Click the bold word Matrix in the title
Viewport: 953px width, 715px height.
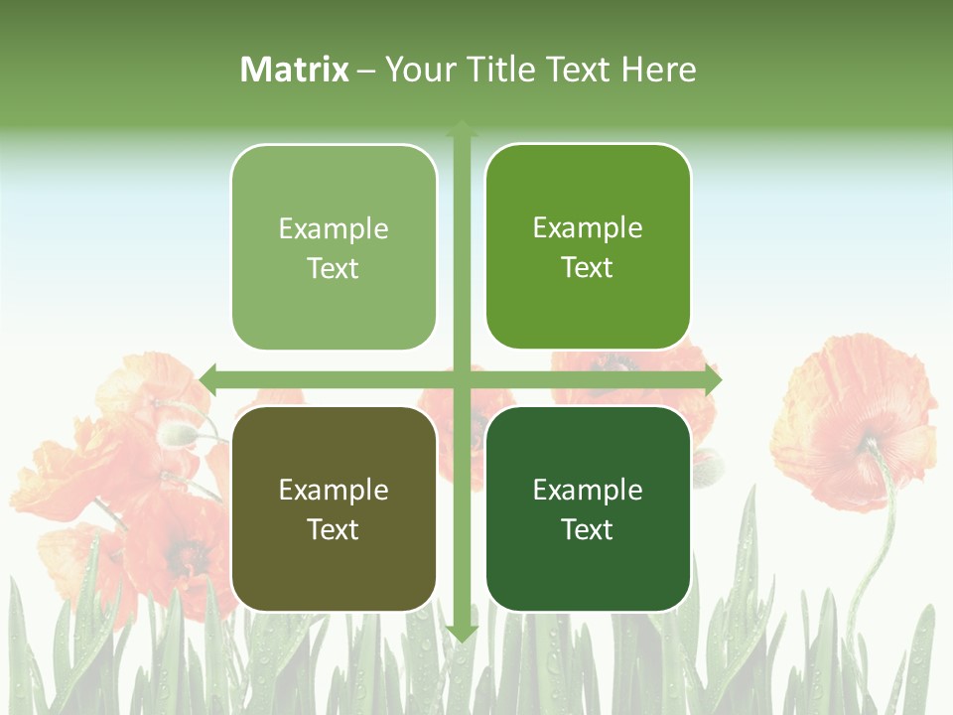pyautogui.click(x=295, y=70)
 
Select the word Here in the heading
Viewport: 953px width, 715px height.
pyautogui.click(x=658, y=70)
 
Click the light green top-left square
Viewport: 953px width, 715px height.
pyautogui.click(x=334, y=247)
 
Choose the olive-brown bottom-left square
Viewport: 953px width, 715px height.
pyautogui.click(x=334, y=508)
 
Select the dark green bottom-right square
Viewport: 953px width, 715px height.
pyautogui.click(x=588, y=508)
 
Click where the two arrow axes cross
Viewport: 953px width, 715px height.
pyautogui.click(x=462, y=379)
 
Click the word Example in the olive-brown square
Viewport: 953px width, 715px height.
pyautogui.click(x=334, y=490)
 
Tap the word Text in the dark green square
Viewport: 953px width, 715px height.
pyautogui.click(x=588, y=529)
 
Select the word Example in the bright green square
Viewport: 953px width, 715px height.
pyautogui.click(x=588, y=227)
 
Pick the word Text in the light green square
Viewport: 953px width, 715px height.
pyautogui.click(x=334, y=268)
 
